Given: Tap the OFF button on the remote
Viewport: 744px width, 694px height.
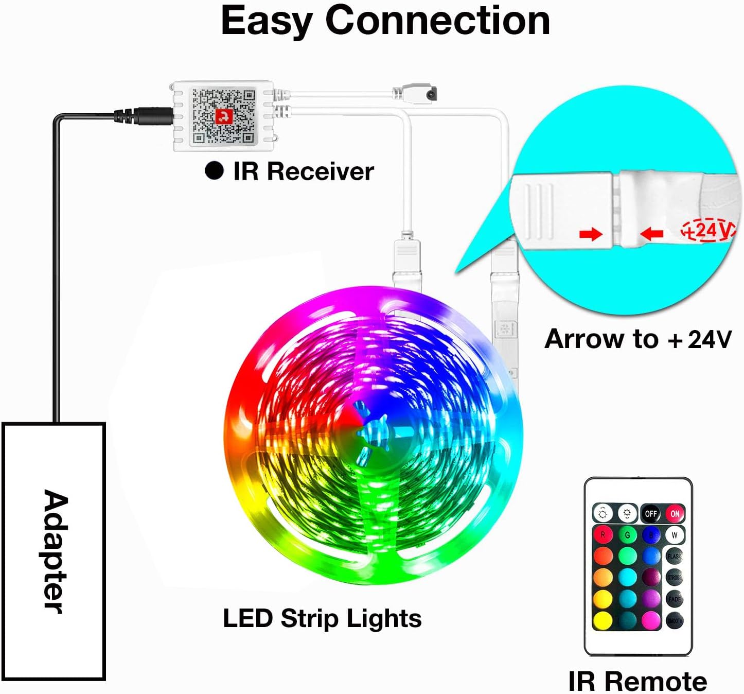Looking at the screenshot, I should pos(651,513).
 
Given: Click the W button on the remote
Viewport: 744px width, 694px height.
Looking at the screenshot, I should pos(675,535).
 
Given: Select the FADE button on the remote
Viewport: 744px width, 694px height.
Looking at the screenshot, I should pos(675,599).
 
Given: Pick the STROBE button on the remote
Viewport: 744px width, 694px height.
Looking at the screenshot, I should pos(675,577).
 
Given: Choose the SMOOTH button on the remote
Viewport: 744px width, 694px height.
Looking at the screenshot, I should pos(675,621).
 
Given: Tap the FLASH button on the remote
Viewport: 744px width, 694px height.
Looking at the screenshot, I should pos(675,556).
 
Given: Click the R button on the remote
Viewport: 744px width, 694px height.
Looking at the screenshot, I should pos(603,535).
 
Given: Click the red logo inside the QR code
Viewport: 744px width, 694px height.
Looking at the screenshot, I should pos(224,117).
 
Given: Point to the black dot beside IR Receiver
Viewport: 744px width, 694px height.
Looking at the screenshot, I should pos(214,171).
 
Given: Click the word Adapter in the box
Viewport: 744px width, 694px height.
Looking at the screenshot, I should pos(54,551).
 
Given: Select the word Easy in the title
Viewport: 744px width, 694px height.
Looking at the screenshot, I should pos(267,22).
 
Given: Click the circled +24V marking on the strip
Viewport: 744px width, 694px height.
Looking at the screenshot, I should pos(708,230).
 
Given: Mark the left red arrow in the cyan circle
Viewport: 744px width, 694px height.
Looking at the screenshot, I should pos(590,235).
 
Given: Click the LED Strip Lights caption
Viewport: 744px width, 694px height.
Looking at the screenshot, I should pos(322,618).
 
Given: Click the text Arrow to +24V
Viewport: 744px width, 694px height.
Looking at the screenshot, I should pos(637,339).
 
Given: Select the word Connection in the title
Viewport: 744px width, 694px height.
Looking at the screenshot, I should pos(437,22).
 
